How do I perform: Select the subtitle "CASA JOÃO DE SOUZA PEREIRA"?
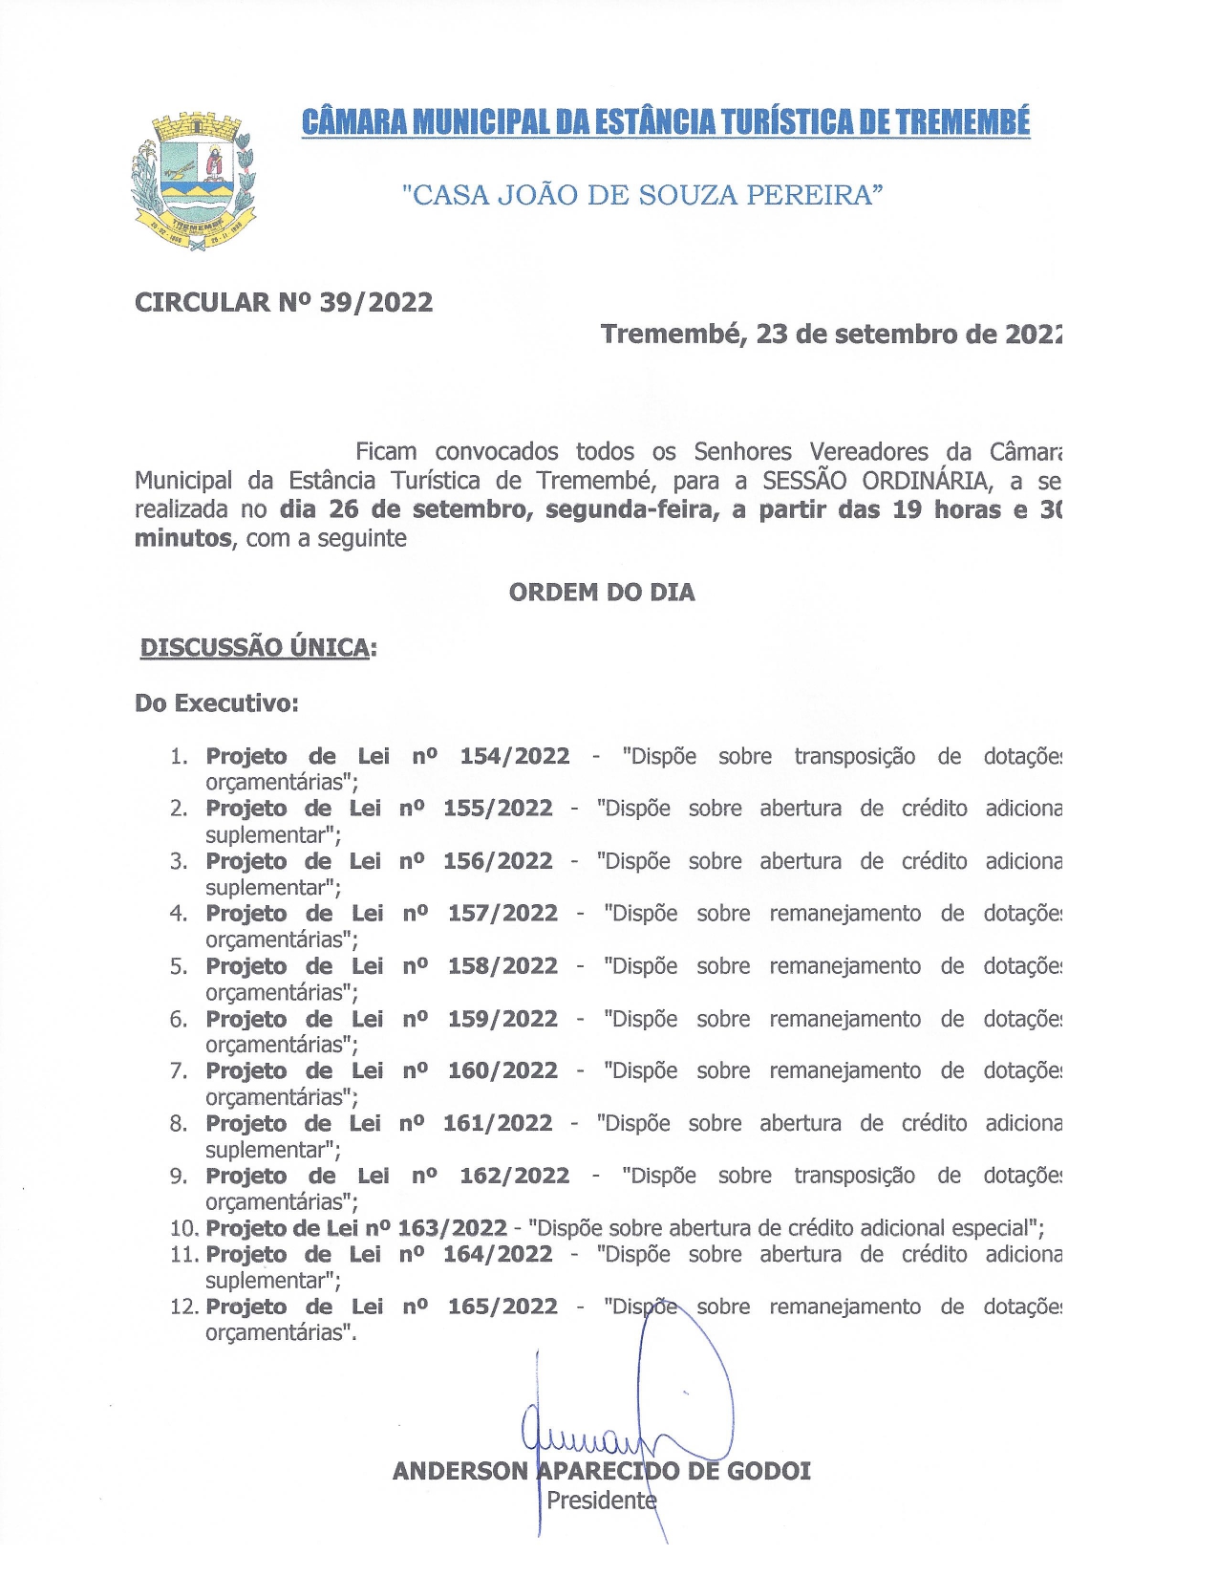(642, 195)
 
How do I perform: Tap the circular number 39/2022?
(375, 302)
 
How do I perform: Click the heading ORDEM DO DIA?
(602, 593)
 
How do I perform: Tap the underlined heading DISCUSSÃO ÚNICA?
(255, 647)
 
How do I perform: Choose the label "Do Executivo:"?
(217, 703)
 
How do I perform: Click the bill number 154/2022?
(515, 756)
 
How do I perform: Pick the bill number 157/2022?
(502, 914)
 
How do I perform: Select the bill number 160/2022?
(502, 1070)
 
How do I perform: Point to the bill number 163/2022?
(452, 1228)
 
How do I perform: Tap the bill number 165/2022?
(502, 1307)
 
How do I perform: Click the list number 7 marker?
(178, 1071)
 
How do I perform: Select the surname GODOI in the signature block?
(769, 1471)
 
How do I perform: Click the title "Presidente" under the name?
(601, 1501)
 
